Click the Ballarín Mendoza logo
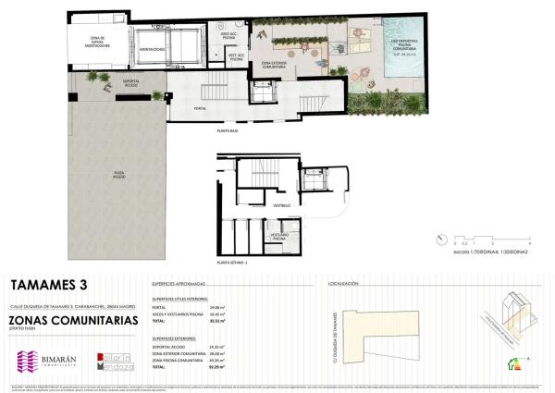[116, 362]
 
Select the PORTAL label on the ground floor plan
[200, 108]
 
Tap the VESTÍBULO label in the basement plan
[281, 203]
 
